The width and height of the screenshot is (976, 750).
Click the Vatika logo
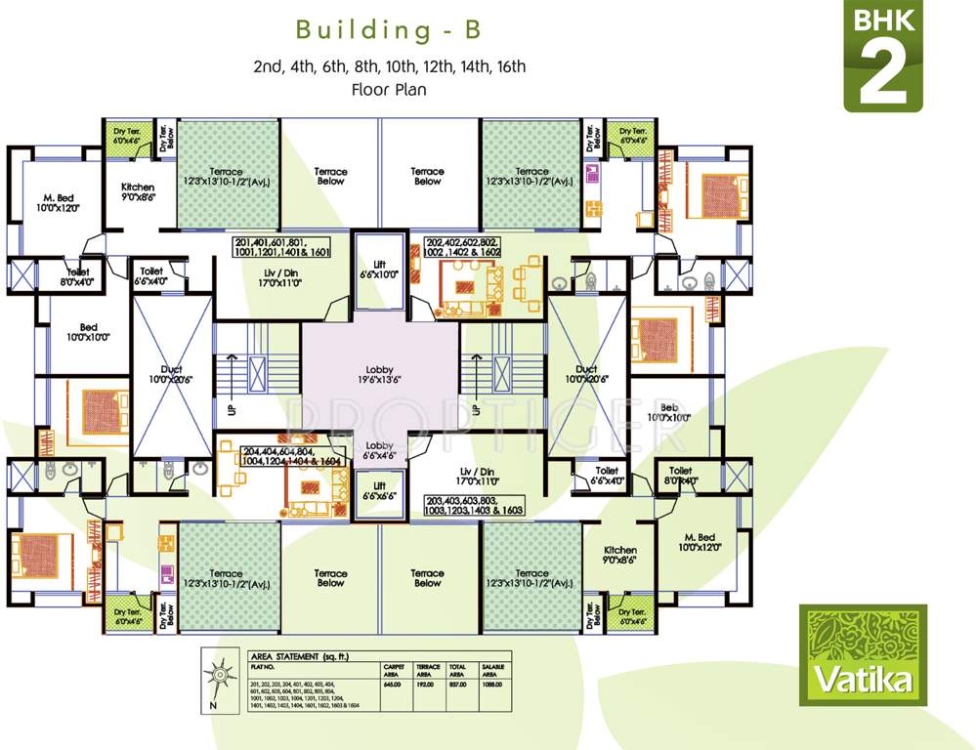[x=862, y=653]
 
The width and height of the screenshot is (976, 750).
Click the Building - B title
[x=388, y=30]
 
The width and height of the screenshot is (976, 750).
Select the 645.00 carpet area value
[x=393, y=683]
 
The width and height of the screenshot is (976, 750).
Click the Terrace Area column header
[x=427, y=669]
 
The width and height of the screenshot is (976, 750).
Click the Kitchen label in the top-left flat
[x=138, y=191]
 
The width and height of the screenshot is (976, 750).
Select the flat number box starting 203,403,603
[x=474, y=505]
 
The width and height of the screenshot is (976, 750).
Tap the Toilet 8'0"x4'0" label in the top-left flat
[x=79, y=277]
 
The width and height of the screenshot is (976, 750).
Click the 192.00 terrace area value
[x=427, y=683]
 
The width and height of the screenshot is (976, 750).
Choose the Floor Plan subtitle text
[x=388, y=89]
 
